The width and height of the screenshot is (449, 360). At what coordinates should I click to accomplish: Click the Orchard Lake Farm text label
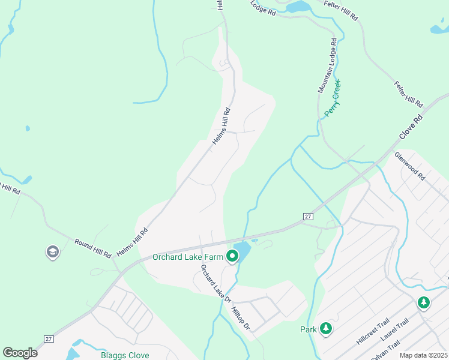[x=188, y=257]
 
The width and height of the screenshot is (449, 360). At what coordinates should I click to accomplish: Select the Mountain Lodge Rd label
[x=327, y=66]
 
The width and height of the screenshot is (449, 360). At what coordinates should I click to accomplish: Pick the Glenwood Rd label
[x=409, y=166]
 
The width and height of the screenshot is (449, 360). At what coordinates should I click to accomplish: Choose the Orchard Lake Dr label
[x=215, y=283]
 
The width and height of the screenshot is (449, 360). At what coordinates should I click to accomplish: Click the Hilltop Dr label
[x=240, y=318]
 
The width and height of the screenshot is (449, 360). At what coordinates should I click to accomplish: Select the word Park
[x=308, y=329]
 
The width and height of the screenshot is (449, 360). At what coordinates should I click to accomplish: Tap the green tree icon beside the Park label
[x=325, y=328]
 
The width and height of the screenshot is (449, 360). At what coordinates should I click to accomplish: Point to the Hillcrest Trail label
[x=373, y=331]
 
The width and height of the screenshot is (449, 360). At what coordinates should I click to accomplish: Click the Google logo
[x=20, y=353]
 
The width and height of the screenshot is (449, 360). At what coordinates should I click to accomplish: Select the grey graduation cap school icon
[x=52, y=253]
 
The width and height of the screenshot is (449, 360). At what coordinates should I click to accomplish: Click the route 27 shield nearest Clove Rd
[x=308, y=216]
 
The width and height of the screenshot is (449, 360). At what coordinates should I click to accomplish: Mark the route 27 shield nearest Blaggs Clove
[x=49, y=339]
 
